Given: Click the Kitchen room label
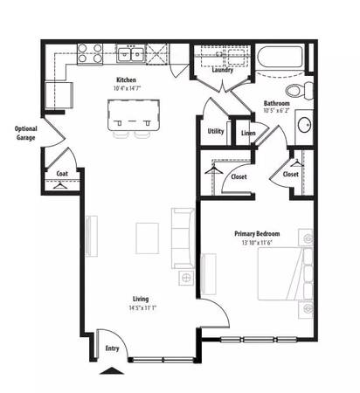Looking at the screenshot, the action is [126, 79].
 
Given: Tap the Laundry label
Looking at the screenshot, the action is [223, 70].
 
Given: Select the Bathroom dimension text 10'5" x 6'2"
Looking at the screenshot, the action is [276, 110].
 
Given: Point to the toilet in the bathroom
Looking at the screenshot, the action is [299, 90].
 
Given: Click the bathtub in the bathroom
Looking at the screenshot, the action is [280, 57].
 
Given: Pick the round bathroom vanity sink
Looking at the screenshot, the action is [305, 125].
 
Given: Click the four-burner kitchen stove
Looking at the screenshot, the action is [90, 53].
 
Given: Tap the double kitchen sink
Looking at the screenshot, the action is [131, 54].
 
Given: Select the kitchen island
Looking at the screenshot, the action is [134, 115].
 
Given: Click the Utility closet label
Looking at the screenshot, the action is [216, 131].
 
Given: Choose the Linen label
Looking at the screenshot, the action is [248, 133].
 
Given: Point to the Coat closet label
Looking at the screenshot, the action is [62, 174].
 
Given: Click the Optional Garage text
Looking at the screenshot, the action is [26, 133].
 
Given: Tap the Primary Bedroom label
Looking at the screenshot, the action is [257, 233].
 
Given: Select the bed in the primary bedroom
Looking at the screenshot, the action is [286, 273].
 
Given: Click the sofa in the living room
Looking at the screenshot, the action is [183, 238].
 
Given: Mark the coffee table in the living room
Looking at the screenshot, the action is [148, 238].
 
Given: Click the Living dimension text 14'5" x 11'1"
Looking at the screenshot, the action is [142, 307].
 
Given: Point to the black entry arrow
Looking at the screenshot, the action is [112, 371].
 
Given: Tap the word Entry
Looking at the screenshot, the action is [112, 348].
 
